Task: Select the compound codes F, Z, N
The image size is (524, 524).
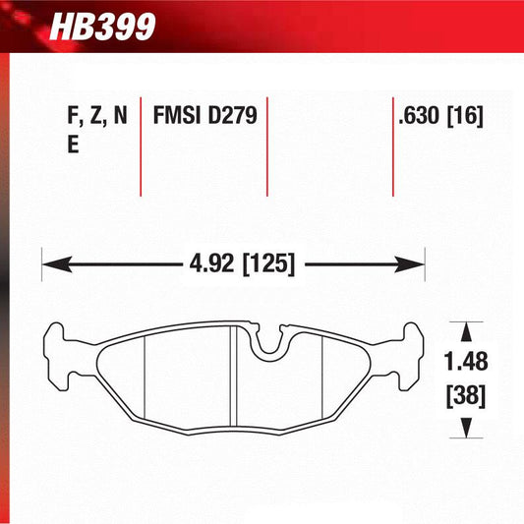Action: pyautogui.click(x=97, y=116)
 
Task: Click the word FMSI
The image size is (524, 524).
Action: pyautogui.click(x=177, y=116)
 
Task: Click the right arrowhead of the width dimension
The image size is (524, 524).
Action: pyautogui.click(x=413, y=263)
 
